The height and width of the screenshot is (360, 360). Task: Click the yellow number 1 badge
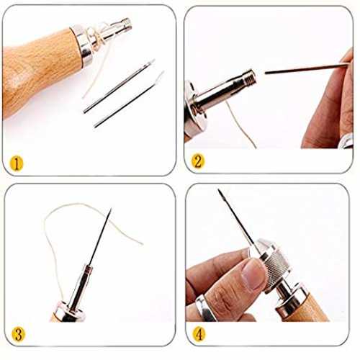[17, 164]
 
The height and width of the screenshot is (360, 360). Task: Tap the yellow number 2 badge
[198, 161]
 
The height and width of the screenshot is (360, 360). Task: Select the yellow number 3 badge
[18, 333]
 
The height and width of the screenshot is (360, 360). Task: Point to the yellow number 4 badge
[199, 333]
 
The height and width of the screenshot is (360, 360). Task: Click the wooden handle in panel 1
[38, 70]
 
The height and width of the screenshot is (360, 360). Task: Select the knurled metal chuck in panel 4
[276, 264]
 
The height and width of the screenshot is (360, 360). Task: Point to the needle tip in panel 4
[219, 190]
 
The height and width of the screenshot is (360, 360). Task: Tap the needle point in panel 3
[111, 209]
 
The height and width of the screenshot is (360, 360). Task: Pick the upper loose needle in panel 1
[120, 86]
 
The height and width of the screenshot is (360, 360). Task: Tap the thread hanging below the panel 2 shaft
[240, 124]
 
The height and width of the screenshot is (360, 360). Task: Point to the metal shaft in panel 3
[79, 287]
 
